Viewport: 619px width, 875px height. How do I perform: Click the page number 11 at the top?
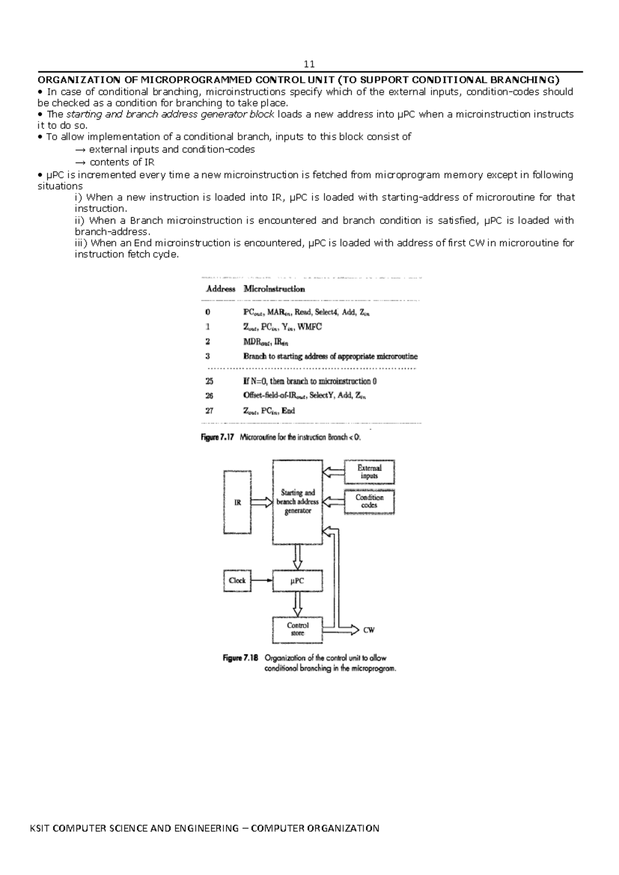309,64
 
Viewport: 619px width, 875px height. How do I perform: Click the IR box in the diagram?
237,502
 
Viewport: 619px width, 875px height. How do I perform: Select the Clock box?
237,580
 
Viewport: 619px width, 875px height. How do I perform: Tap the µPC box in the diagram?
297,580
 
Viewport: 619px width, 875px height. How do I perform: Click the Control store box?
297,629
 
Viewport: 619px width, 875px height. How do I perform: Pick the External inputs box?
369,472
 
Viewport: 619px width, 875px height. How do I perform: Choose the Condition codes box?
369,501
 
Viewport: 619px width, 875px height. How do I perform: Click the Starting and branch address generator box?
298,502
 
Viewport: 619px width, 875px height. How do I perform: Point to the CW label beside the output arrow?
369,630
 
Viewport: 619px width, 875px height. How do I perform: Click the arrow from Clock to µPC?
262,580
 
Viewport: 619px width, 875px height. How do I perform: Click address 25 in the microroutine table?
209,381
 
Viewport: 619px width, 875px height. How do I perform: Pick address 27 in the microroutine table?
209,411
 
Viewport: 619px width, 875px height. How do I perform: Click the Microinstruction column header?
274,289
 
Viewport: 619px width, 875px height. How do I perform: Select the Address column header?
220,289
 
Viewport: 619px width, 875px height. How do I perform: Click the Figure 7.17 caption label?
217,437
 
